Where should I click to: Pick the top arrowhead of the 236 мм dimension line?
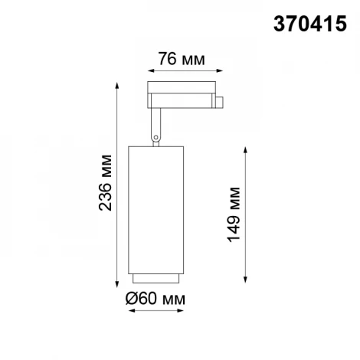pyautogui.click(x=118, y=84)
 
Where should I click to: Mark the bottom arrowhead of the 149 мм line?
pyautogui.click(x=245, y=279)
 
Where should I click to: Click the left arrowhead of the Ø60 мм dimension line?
pyautogui.click(x=132, y=310)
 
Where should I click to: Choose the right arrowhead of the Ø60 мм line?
pyautogui.click(x=182, y=310)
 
